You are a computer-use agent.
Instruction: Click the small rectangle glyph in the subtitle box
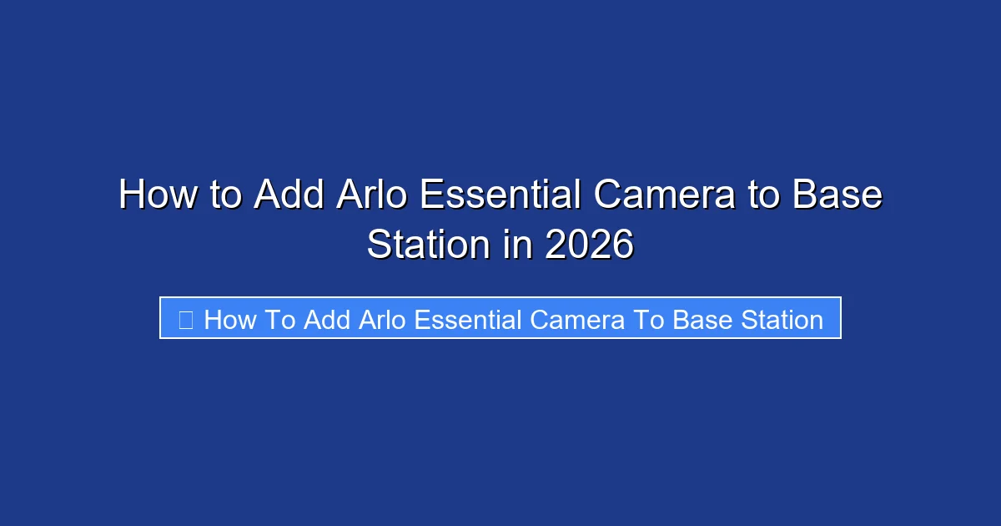185,320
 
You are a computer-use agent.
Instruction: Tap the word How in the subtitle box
229,320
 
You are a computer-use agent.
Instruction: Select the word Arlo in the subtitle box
383,320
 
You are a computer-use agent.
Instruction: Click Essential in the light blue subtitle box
468,320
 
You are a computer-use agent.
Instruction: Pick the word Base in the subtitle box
699,320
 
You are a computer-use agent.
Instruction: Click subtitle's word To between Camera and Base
648,320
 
